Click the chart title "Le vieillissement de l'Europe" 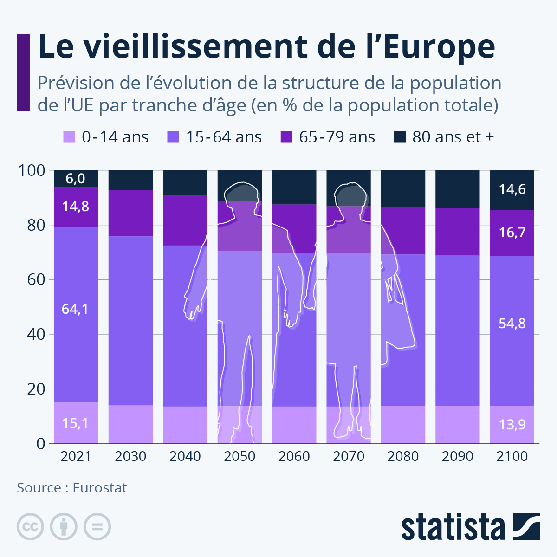point(266,46)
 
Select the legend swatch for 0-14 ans point(69,137)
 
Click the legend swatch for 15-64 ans point(173,137)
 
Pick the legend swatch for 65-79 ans point(286,137)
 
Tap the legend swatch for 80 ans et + point(399,137)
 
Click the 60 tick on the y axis point(36,280)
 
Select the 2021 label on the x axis point(76,456)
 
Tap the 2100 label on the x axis point(512,456)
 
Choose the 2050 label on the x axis point(240,456)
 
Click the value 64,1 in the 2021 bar point(75,309)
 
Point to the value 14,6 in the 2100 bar point(512,189)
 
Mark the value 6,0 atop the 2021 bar point(75,179)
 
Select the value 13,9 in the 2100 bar point(512,424)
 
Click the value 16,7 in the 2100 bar point(512,233)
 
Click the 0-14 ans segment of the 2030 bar point(130,424)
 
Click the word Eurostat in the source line point(99,488)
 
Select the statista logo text point(453,527)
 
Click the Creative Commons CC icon point(30,527)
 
